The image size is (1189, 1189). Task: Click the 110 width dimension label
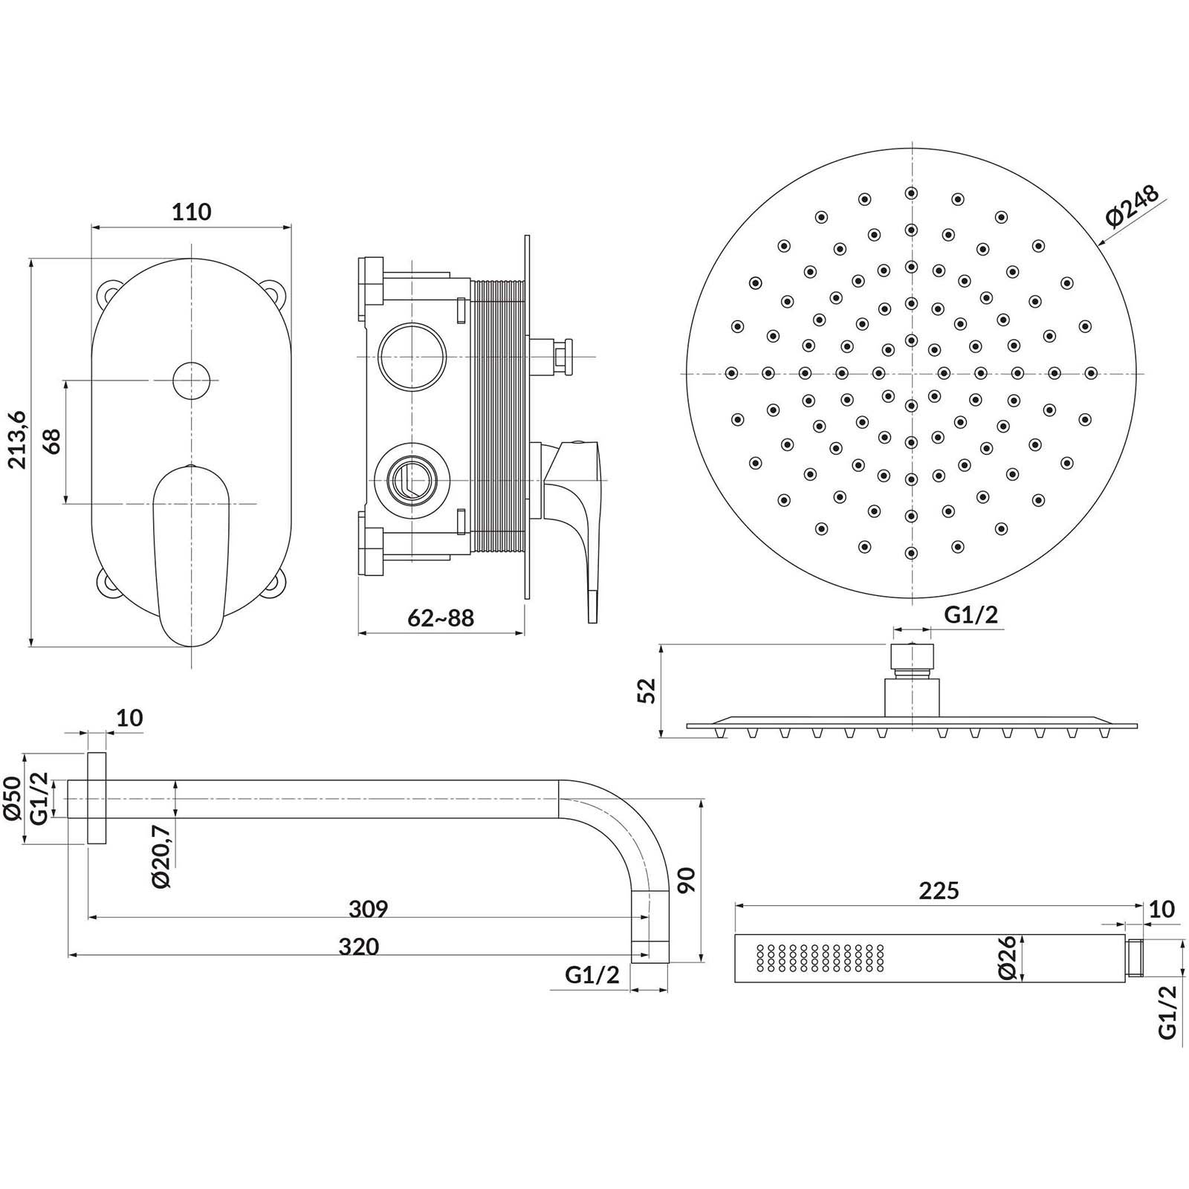[x=192, y=212]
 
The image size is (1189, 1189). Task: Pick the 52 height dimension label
[x=648, y=690]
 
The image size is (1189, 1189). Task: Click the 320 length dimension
[x=359, y=946]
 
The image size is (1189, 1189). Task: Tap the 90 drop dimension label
[x=687, y=881]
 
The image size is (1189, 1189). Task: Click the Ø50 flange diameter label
[x=12, y=799]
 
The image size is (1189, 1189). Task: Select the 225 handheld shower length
[x=939, y=890]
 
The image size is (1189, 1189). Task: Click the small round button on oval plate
[x=191, y=380]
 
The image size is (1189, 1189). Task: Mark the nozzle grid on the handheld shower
[x=820, y=958]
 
